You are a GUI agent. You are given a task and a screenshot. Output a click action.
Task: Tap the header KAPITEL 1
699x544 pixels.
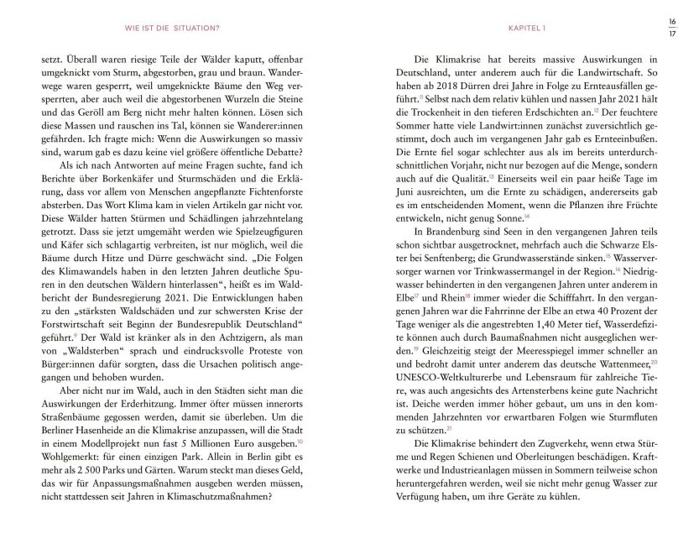(x=528, y=27)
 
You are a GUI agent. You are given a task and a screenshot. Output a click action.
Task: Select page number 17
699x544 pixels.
(x=671, y=34)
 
